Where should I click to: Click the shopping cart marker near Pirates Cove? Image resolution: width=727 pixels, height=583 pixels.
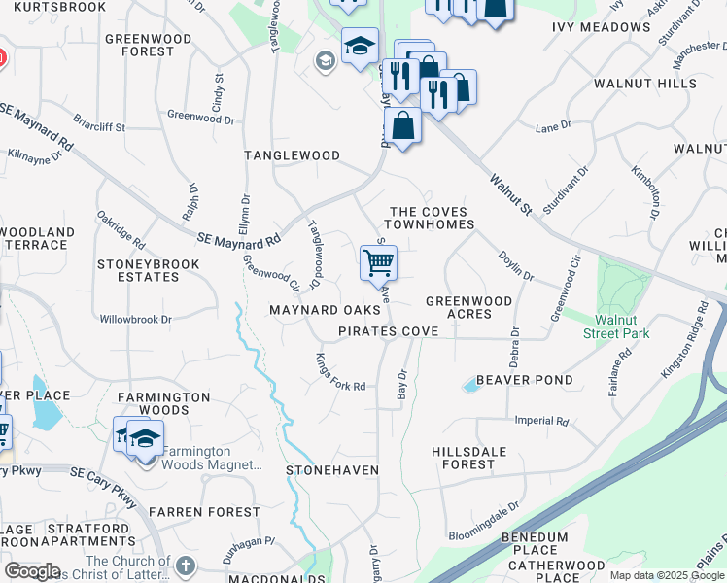pos(378,261)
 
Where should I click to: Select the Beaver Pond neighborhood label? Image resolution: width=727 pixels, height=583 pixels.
pos(524,380)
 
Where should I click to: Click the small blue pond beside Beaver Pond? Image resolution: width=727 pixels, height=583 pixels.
pos(470,386)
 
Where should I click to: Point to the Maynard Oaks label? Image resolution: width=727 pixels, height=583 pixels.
pos(325,311)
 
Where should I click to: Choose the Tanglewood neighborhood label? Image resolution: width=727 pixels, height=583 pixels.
pos(292,155)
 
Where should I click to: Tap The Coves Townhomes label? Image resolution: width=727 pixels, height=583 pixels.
pos(431,219)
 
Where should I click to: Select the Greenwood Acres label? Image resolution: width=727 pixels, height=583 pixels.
pos(468,308)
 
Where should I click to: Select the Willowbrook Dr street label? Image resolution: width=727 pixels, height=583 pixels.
pos(136,319)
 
